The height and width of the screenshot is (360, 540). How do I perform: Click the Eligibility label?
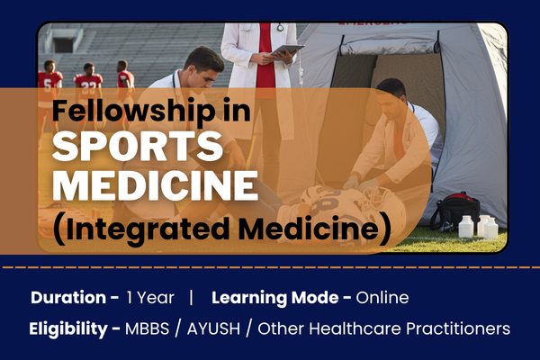pyautogui.click(x=74, y=328)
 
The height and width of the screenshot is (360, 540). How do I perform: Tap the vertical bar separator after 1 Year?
pyautogui.click(x=191, y=297)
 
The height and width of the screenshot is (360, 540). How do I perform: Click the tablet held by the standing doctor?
pyautogui.click(x=287, y=51)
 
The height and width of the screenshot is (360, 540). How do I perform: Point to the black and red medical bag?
pyautogui.click(x=454, y=211)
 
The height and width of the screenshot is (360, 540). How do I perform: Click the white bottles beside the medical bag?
pyautogui.click(x=482, y=226)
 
